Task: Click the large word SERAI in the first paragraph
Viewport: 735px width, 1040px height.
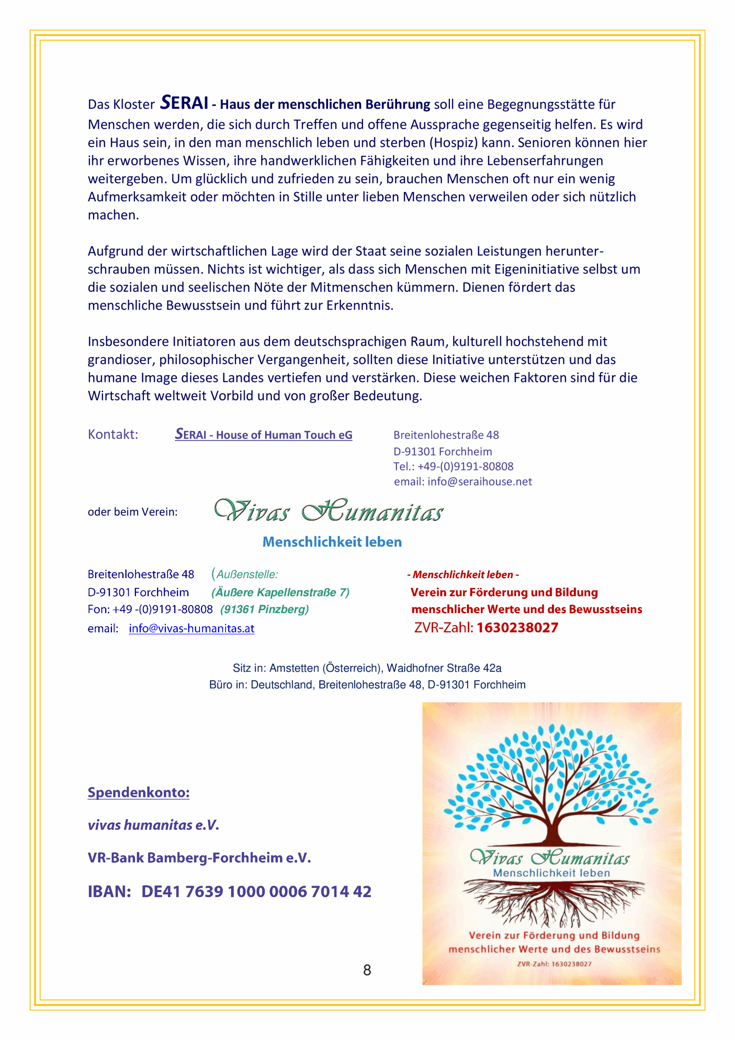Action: coord(184,103)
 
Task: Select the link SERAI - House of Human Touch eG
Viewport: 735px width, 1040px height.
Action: coord(263,435)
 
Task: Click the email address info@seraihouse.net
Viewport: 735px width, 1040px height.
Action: coord(479,481)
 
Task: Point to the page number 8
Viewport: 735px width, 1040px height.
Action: coord(367,970)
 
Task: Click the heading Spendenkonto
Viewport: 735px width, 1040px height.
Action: coord(138,792)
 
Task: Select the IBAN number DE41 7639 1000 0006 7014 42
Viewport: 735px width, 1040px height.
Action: coord(256,891)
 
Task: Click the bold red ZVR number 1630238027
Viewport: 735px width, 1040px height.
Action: coord(517,627)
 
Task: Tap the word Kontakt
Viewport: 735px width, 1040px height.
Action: coord(113,434)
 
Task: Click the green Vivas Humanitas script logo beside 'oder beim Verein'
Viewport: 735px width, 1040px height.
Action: coord(329,511)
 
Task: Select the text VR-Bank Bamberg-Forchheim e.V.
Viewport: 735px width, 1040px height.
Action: coord(199,858)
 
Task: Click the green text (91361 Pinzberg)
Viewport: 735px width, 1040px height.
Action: coord(264,609)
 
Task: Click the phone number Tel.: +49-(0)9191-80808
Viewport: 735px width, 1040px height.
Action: coord(453,466)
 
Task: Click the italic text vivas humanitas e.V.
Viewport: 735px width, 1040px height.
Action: coord(153,825)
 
